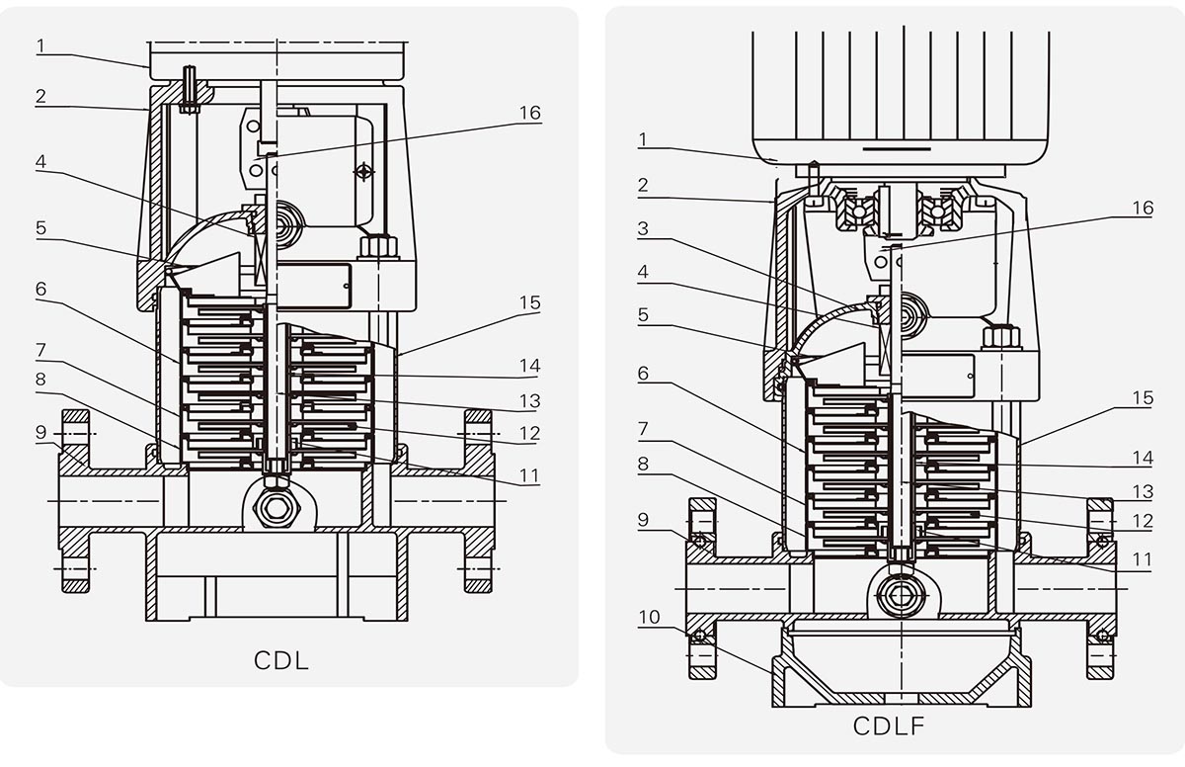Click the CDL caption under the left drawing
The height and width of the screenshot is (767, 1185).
pos(281,660)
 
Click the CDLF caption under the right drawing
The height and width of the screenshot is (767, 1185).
pos(889,726)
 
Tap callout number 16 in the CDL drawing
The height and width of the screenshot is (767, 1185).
pos(530,113)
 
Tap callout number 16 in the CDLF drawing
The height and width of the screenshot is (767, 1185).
pos(1142,209)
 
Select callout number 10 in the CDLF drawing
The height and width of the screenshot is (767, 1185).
pos(649,618)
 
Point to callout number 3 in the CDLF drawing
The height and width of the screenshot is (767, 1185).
pos(643,229)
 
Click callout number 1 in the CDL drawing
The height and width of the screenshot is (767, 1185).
pos(41,44)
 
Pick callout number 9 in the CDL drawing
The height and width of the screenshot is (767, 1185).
pos(41,431)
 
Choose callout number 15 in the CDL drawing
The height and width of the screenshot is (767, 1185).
pos(530,302)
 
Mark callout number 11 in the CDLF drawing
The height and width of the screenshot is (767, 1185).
pos(1142,559)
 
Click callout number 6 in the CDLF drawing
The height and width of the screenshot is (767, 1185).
pos(643,373)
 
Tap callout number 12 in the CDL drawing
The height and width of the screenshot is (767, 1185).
pos(530,433)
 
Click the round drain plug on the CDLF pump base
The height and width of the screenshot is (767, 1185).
pos(899,595)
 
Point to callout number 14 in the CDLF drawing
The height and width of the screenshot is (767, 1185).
pos(1142,458)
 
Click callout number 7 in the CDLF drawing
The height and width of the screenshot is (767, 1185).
pos(643,428)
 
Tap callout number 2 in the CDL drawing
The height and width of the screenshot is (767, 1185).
pos(41,96)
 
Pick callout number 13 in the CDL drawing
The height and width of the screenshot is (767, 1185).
pos(530,402)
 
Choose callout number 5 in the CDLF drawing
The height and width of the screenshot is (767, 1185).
pos(643,314)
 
